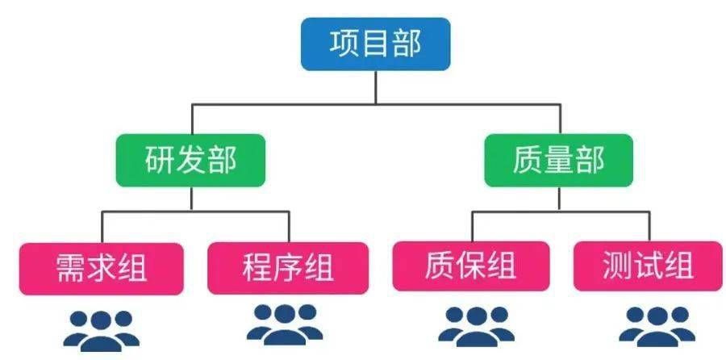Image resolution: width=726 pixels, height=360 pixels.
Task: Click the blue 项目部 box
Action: [376, 44]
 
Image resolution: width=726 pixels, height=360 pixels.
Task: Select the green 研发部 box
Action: [190, 160]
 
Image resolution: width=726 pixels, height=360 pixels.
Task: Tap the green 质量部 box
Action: [558, 160]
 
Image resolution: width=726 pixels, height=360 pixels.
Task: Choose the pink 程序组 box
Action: [288, 266]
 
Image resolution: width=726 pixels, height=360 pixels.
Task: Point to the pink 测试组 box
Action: [648, 266]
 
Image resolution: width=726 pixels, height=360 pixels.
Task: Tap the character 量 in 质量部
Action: [558, 160]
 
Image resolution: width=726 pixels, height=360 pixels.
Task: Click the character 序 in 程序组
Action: [288, 266]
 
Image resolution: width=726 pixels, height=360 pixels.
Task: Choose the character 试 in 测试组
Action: [648, 266]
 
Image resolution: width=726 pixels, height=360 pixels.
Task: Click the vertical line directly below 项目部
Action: [376, 87]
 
